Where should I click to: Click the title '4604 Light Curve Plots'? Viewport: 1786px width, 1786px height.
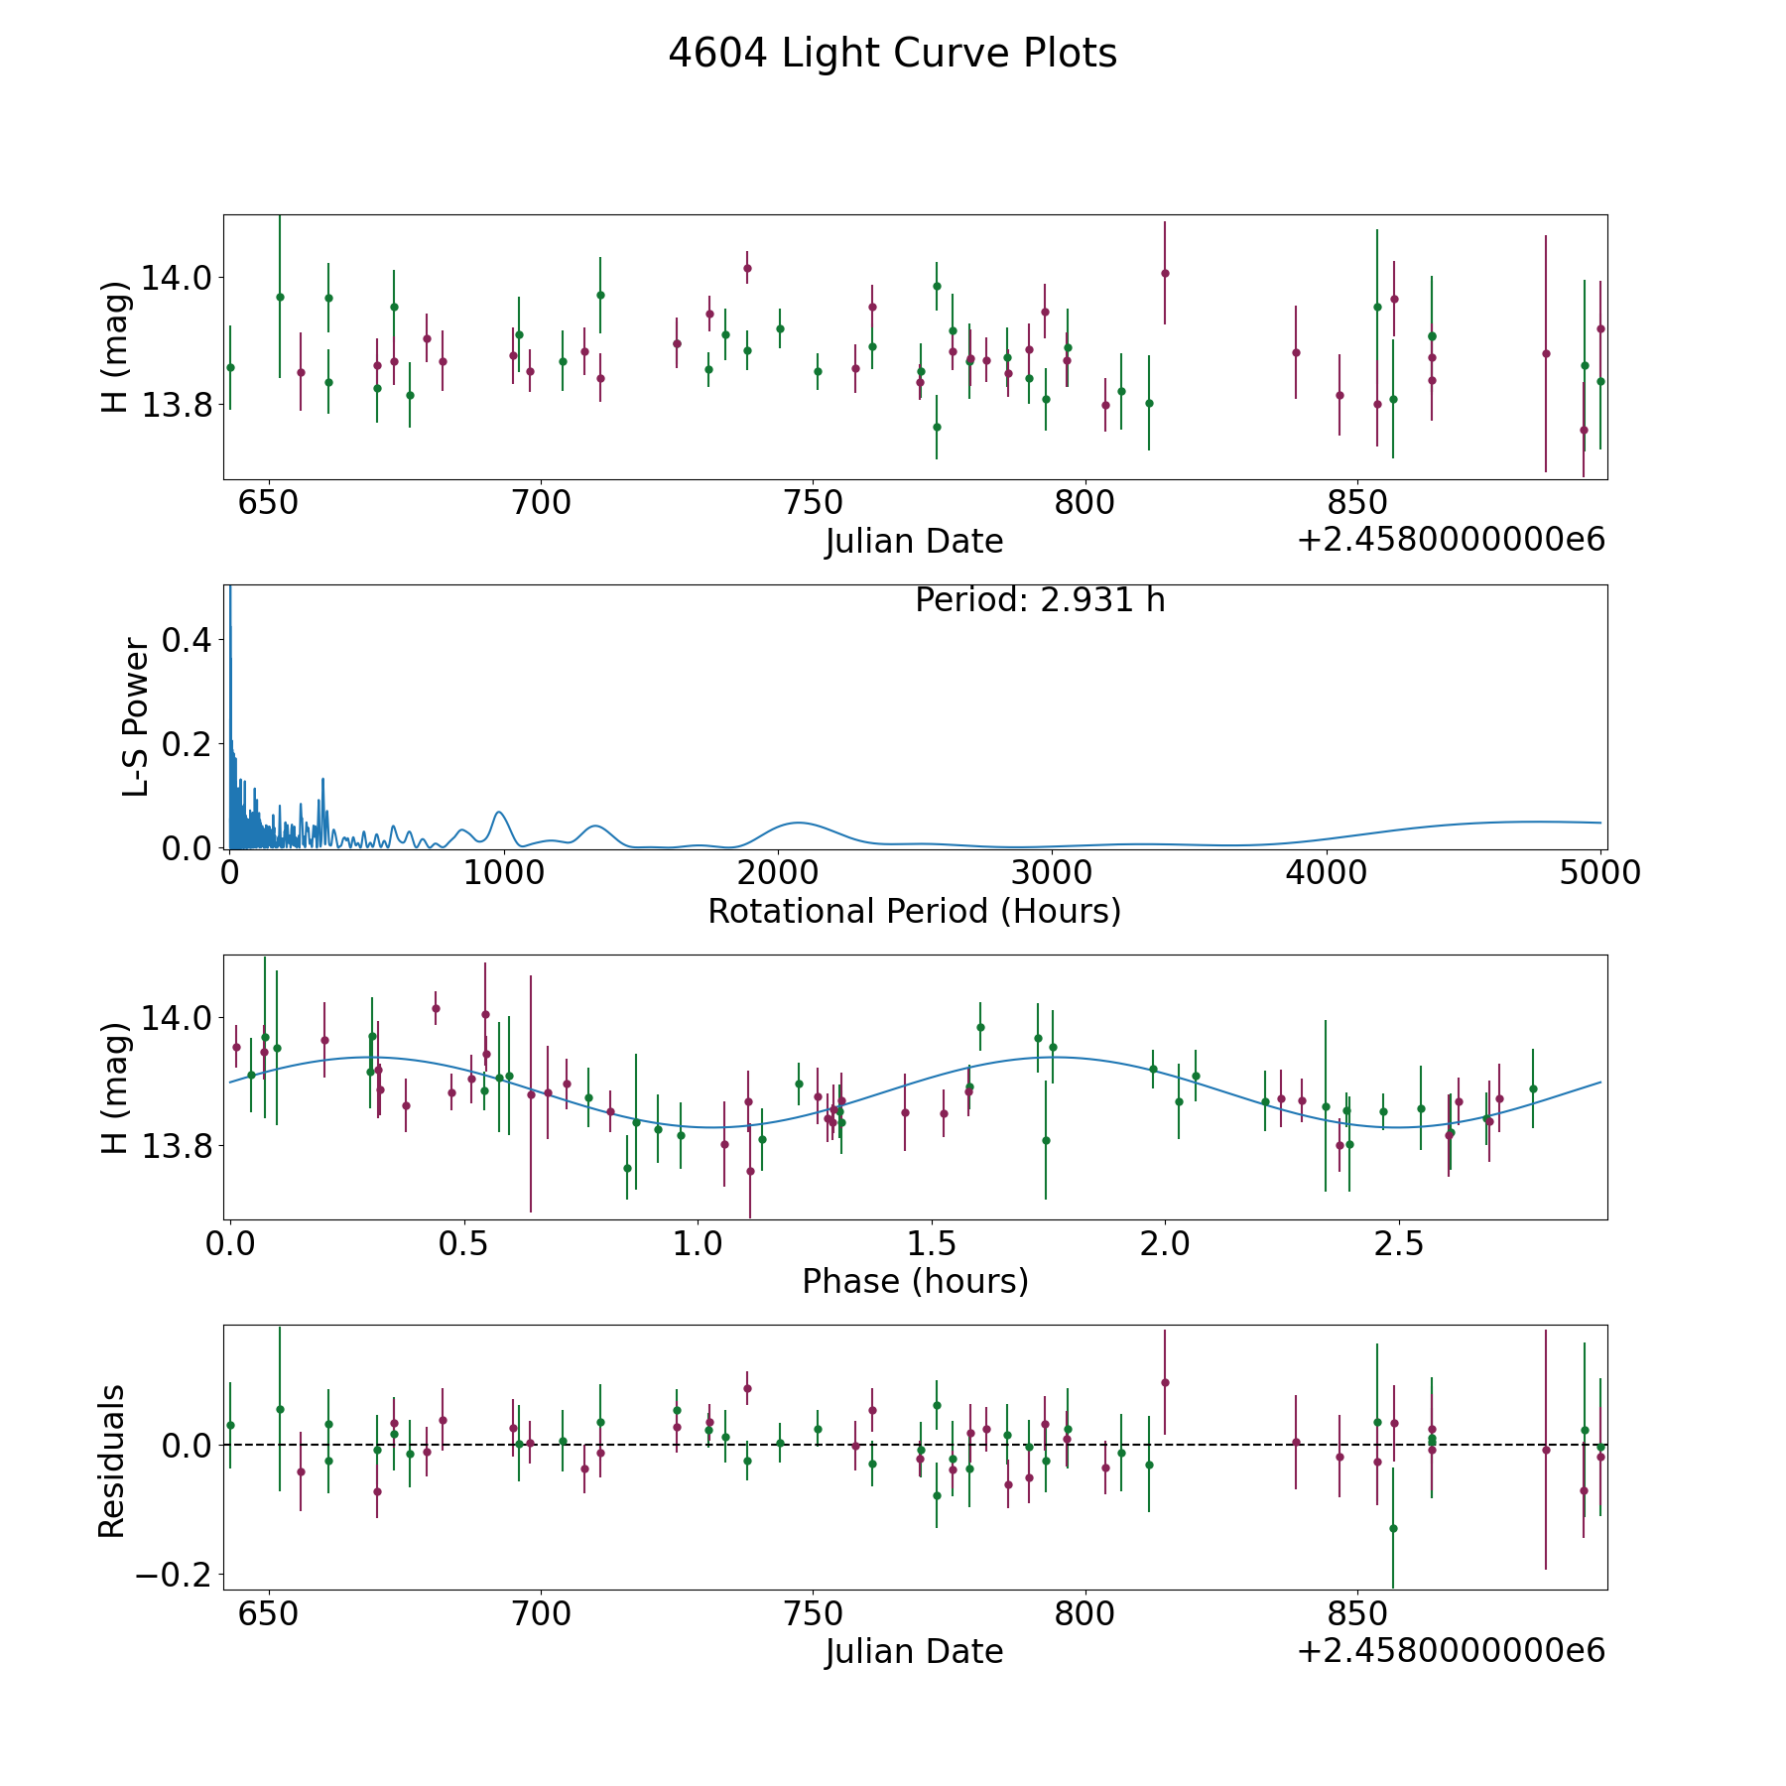tap(892, 54)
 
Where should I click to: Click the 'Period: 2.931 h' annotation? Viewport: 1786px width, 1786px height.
tap(1039, 600)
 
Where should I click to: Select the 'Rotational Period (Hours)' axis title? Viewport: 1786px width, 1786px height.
tap(914, 911)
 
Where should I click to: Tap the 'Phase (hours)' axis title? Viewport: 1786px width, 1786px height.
tap(915, 1281)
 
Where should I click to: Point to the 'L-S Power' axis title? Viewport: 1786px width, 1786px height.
tap(136, 716)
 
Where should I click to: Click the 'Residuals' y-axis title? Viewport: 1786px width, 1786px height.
tap(112, 1461)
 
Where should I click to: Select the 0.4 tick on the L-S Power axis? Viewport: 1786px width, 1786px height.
tap(187, 640)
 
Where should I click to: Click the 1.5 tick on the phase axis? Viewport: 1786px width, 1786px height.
tap(932, 1242)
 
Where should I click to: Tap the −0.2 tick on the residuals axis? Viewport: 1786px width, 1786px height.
tap(173, 1575)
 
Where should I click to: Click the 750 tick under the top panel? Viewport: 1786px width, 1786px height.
tap(813, 503)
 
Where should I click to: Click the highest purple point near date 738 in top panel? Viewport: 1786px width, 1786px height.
tap(747, 268)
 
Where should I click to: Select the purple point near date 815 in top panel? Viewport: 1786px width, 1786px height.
tap(1165, 273)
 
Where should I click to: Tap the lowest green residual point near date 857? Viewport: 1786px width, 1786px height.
tap(1393, 1528)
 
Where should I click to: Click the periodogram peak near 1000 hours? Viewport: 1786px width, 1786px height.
tap(499, 813)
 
